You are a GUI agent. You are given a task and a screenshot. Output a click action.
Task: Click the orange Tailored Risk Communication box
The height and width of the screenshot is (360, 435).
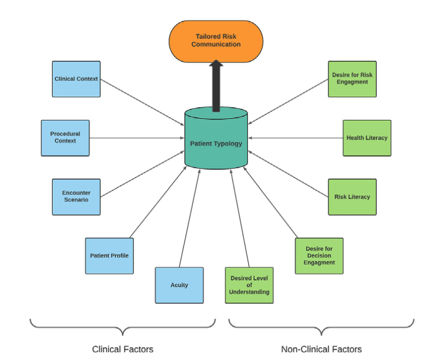(x=216, y=40)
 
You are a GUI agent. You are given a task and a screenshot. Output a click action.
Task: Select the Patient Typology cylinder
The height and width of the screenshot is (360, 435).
(x=216, y=143)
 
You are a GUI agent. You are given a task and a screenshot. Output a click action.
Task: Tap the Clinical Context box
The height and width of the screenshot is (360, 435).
(x=76, y=79)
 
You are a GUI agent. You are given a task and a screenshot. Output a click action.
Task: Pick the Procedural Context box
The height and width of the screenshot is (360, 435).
(x=65, y=137)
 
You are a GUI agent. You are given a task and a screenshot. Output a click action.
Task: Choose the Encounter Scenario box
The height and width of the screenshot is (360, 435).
(x=76, y=196)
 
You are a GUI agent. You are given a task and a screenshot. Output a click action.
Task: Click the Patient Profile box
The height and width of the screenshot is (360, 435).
(x=109, y=256)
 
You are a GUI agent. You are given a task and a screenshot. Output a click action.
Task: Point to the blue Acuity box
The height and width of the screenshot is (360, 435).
(x=179, y=285)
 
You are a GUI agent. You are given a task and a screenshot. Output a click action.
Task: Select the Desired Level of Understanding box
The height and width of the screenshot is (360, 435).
(x=249, y=285)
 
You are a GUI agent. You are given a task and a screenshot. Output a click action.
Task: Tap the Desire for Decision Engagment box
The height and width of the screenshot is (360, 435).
(x=319, y=256)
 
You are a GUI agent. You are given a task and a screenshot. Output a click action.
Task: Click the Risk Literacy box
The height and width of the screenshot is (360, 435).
(x=352, y=196)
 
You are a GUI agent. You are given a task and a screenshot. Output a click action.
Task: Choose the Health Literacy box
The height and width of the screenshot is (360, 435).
(x=367, y=138)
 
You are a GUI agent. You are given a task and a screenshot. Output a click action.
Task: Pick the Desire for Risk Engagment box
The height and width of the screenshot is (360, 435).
(x=352, y=79)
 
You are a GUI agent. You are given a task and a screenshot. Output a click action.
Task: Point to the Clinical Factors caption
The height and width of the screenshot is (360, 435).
(x=123, y=349)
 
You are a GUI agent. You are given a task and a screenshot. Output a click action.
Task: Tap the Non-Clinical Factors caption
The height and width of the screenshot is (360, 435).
(x=321, y=349)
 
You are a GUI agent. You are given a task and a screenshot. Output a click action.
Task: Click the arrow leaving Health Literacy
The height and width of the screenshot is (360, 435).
(x=296, y=138)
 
